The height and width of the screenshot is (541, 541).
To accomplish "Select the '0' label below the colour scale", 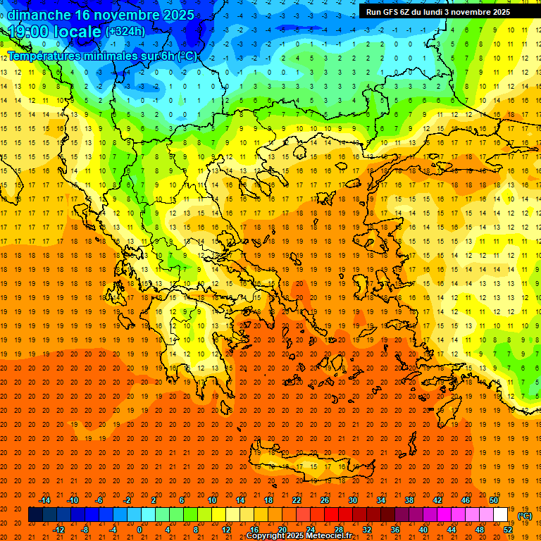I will (x=139, y=530).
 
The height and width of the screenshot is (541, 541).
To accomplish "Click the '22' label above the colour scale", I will (x=297, y=500).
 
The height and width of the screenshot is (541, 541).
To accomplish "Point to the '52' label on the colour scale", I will (x=508, y=530).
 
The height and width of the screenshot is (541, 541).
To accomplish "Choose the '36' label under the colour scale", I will (x=395, y=530).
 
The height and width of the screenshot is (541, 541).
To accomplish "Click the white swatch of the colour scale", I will (x=501, y=515).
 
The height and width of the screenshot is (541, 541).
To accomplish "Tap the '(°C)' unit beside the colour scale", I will (x=524, y=516).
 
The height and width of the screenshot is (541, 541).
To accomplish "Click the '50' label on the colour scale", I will (x=494, y=500).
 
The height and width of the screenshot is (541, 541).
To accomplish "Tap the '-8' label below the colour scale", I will (x=85, y=530).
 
